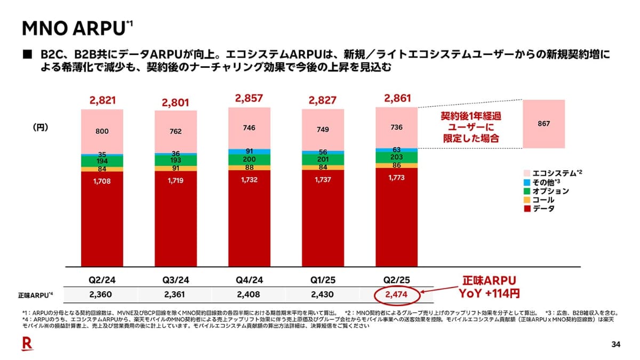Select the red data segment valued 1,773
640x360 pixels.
[396, 213]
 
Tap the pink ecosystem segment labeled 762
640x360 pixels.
[175, 131]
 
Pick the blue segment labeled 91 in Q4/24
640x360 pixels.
[249, 151]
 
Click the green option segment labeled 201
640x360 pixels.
[323, 159]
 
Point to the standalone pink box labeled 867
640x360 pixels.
[544, 124]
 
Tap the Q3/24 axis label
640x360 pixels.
[175, 281]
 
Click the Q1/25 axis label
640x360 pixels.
[323, 281]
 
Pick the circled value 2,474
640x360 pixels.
[396, 294]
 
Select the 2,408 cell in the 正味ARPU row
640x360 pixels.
[249, 294]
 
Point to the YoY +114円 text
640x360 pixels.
[489, 294]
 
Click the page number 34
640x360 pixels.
[616, 345]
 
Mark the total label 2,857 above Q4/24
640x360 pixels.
[249, 98]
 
